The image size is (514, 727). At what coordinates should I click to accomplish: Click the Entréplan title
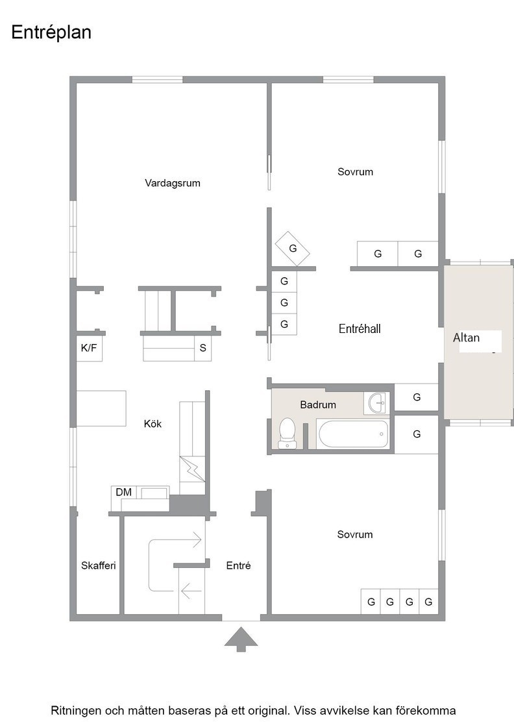(51, 32)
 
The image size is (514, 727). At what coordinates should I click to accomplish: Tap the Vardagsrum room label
(173, 182)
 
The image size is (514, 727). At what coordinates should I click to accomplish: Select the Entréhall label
(360, 328)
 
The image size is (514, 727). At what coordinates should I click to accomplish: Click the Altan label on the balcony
(466, 338)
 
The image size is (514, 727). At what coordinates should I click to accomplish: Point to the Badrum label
(318, 405)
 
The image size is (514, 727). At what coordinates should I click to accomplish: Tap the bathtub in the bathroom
(353, 434)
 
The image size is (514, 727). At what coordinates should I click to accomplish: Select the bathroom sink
(377, 402)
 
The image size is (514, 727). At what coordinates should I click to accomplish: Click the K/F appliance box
(89, 348)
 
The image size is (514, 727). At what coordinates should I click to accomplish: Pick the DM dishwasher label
(124, 492)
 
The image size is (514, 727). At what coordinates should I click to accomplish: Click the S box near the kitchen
(202, 348)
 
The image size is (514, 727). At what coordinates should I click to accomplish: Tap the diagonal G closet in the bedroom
(292, 249)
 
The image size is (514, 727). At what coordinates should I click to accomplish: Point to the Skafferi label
(98, 565)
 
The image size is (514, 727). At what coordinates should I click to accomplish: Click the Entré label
(238, 565)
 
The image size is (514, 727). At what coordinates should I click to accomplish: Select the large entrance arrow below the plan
(241, 639)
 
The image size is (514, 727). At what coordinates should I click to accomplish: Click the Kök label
(153, 424)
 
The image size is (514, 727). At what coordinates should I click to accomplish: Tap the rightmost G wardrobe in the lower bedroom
(429, 602)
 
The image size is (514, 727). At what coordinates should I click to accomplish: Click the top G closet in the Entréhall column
(284, 281)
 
